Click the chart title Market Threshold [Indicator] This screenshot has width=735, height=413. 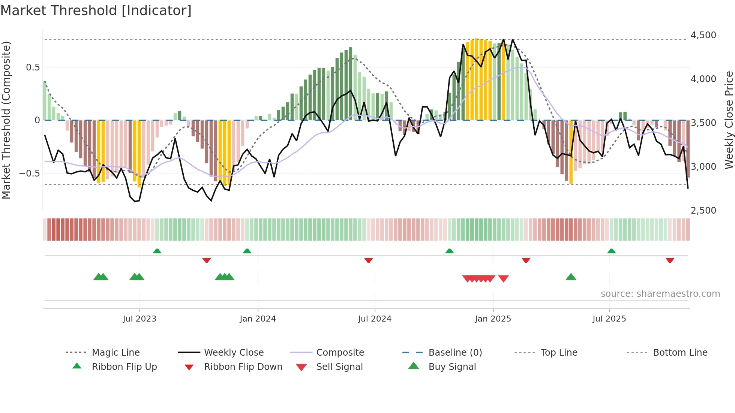(96, 10)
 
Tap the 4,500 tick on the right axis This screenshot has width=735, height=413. (703, 35)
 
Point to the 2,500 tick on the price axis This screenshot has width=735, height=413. (703, 211)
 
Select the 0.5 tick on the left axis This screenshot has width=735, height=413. (33, 67)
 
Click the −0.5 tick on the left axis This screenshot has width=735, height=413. (30, 174)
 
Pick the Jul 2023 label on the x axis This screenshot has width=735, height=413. (139, 319)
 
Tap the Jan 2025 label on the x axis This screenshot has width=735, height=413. (493, 319)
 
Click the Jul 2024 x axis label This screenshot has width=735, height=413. (375, 319)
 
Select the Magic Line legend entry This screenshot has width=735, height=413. (115, 353)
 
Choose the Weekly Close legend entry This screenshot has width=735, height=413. (234, 353)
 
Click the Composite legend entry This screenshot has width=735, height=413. (340, 353)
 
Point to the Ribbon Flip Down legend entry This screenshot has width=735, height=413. (243, 367)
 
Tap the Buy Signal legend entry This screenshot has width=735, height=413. (452, 367)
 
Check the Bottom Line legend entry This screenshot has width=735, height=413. (680, 353)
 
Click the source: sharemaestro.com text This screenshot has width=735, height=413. (660, 294)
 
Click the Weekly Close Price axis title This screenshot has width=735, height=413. (729, 120)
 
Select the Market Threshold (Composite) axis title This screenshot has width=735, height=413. (6, 120)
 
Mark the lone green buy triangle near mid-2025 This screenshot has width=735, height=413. (571, 277)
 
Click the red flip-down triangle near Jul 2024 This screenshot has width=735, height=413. (369, 260)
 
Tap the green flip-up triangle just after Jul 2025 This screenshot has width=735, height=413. (611, 251)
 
